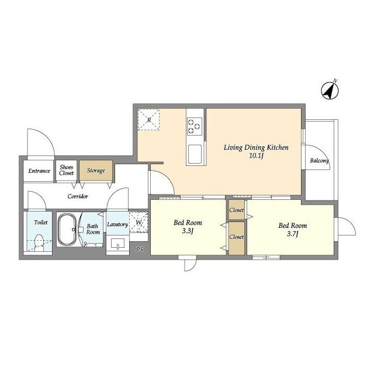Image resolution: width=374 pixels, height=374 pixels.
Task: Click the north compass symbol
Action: coord(330,91)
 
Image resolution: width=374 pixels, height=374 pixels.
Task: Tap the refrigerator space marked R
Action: coord(148,119)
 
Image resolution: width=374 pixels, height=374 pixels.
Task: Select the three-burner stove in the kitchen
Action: coord(195,126)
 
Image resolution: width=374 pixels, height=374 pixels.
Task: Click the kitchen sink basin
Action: coord(195,154)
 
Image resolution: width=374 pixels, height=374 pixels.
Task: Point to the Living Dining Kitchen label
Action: coord(256,148)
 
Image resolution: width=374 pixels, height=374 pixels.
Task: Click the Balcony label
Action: coord(320,161)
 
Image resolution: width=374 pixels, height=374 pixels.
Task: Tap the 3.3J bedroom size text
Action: coord(188,231)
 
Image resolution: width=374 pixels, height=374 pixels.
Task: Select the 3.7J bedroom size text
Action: coord(292,234)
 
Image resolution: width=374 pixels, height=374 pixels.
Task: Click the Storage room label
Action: coord(96,171)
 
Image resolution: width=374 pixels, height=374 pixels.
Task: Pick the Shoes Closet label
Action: coord(66,170)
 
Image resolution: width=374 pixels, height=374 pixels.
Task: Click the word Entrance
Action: coord(39,171)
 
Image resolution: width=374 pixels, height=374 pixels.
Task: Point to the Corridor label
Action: coord(78,196)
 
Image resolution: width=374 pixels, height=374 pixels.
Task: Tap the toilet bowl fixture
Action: coord(39,243)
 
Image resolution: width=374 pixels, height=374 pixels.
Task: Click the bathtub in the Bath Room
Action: coord(67,229)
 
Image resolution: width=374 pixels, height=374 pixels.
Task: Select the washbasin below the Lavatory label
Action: coord(117,245)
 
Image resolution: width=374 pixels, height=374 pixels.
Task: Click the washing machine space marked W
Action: coord(138,222)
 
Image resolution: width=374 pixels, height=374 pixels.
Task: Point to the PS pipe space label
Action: coord(140,250)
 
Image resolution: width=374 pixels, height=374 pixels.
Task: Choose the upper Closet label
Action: coord(236,210)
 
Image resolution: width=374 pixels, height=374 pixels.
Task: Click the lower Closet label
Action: coord(236,237)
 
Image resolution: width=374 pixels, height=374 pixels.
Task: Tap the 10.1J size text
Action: coord(256,156)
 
